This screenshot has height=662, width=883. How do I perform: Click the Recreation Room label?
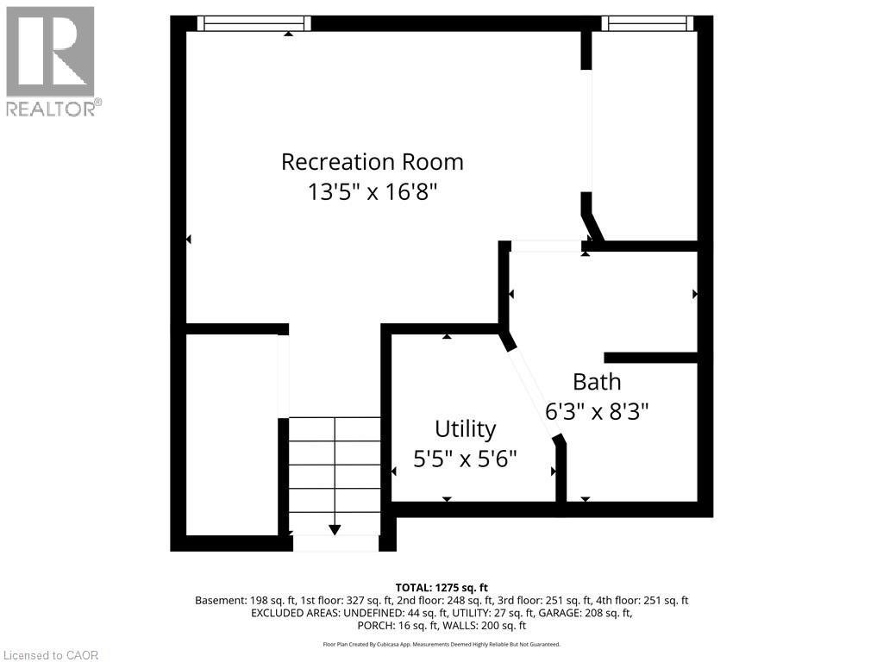373,162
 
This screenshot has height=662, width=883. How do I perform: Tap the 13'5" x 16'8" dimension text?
373,191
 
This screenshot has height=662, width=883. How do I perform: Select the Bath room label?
597,382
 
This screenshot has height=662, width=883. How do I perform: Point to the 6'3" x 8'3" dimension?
597,410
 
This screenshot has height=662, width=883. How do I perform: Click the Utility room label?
465,429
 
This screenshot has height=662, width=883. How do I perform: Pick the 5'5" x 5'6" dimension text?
465,459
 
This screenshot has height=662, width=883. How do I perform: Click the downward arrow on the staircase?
335,529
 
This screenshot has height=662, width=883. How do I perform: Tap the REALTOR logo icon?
50,52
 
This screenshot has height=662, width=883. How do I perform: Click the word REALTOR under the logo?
52,109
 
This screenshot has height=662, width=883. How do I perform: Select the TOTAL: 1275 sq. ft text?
441,588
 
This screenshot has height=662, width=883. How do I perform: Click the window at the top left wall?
254,23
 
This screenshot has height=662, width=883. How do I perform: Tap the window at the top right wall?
648,23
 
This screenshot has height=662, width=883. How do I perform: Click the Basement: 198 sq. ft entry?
242,601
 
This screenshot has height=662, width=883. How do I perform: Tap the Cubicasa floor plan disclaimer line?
441,644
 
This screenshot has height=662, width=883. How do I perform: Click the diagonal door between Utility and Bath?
534,392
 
